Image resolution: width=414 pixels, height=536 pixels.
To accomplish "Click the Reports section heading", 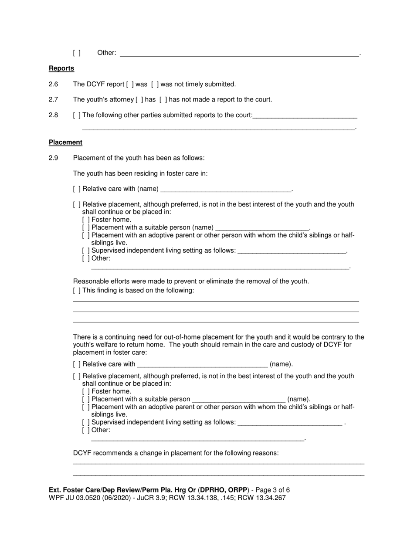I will pyautogui.click(x=61, y=68).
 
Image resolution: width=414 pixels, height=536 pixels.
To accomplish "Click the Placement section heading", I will pyautogui.click(x=65, y=142).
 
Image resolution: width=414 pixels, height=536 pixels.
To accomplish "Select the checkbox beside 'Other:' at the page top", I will pyautogui.click(x=77, y=53).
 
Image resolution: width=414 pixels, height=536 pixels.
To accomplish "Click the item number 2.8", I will pyautogui.click(x=54, y=115).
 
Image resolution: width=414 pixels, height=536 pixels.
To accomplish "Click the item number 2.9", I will pyautogui.click(x=54, y=158).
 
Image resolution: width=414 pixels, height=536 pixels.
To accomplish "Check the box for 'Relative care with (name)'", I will pyautogui.click(x=77, y=189).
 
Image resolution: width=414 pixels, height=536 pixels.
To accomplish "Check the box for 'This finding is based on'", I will pyautogui.click(x=77, y=291).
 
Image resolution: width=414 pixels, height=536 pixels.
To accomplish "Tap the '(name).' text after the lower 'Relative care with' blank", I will pyautogui.click(x=281, y=364).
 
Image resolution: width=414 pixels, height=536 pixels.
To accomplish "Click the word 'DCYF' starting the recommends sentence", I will pyautogui.click(x=82, y=453).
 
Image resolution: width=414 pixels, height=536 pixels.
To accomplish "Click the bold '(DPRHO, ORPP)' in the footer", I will pyautogui.click(x=223, y=490).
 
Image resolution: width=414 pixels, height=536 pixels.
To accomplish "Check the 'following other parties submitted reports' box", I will pyautogui.click(x=77, y=115).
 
